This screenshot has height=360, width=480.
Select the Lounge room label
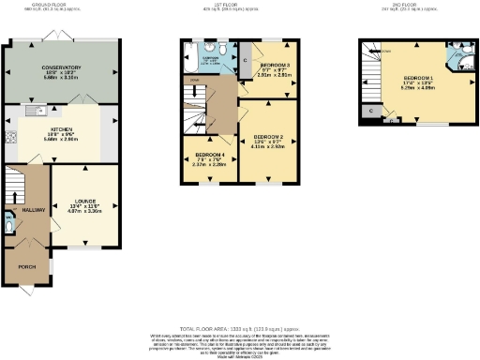click(x=85, y=201)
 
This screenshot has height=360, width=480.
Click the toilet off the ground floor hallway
click(x=9, y=225)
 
